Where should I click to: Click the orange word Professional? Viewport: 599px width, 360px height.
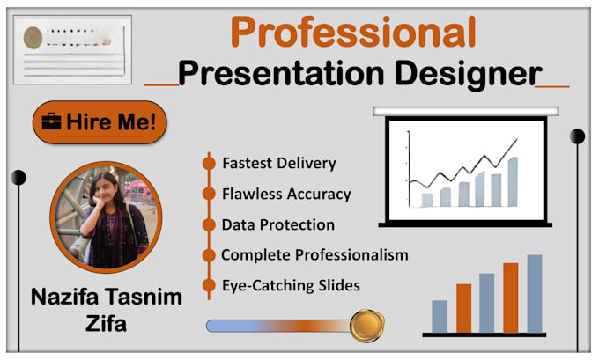point(353,33)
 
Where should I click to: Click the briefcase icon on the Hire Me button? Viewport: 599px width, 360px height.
point(51,122)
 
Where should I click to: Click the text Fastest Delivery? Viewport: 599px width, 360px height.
point(278,164)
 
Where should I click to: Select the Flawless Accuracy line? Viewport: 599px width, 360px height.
point(286,194)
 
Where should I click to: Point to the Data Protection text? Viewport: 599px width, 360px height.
point(277,224)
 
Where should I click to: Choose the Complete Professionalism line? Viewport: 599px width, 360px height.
point(314,255)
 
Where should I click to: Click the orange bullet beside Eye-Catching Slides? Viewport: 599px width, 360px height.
point(209,285)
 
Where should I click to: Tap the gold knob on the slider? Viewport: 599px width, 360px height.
point(365,326)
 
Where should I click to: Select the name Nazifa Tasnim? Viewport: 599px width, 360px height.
point(107,297)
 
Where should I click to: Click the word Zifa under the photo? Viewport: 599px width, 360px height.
point(107,323)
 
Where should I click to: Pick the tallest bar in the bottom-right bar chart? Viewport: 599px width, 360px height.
point(534,293)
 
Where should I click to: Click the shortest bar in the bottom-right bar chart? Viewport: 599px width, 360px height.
point(440,316)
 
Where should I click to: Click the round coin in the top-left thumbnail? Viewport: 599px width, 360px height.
point(33,37)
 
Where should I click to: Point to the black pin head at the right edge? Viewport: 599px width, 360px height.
point(577,136)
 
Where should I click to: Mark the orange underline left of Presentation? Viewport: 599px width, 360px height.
point(160,85)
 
